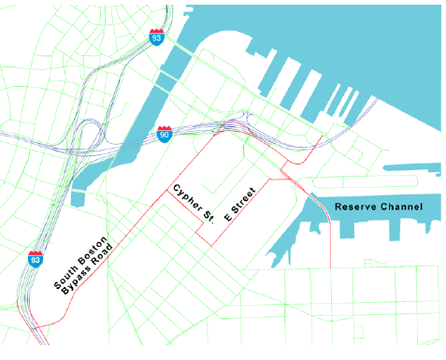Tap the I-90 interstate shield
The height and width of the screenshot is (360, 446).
pyautogui.click(x=164, y=135)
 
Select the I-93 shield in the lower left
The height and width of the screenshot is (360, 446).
pyautogui.click(x=36, y=259)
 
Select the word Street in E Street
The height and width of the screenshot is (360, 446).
pyautogui.click(x=245, y=198)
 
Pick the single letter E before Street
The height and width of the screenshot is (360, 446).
pyautogui.click(x=227, y=218)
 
